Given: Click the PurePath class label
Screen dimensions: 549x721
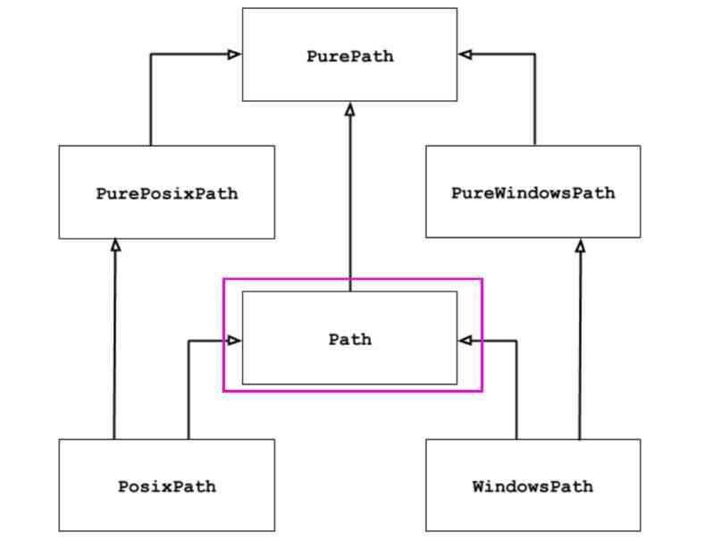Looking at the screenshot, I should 349,56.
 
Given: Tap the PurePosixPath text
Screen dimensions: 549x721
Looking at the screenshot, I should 167,193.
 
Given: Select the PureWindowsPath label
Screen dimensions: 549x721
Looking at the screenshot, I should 532,193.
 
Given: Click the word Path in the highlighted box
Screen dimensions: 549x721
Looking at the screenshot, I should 349,340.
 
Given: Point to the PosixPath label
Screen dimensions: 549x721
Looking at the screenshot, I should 167,487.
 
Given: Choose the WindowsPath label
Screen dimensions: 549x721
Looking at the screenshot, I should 532,487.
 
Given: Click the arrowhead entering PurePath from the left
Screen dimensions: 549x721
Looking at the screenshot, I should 235,55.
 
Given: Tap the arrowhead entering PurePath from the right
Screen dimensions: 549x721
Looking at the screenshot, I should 465,55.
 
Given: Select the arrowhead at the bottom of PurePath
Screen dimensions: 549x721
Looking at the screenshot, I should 350,108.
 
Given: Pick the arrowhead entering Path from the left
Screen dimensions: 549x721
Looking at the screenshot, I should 235,340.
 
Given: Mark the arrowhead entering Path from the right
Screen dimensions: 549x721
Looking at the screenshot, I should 465,340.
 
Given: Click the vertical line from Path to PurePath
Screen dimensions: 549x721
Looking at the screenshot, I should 350,197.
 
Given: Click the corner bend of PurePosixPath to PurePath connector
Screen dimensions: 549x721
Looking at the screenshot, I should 151,55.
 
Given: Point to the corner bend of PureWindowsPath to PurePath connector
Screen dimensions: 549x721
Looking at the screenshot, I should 534,55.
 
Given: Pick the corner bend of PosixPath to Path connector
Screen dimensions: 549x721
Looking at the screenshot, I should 189,340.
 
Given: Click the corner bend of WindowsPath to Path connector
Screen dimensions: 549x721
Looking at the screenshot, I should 517,340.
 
